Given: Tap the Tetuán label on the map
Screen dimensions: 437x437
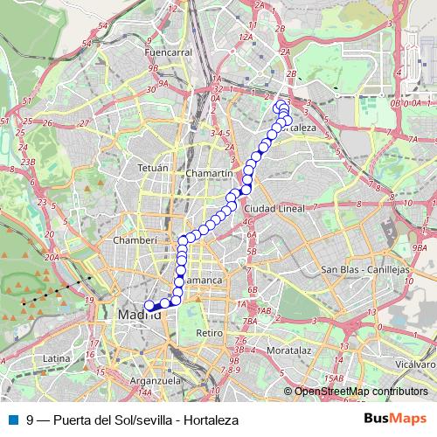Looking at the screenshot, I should pyautogui.click(x=153, y=165).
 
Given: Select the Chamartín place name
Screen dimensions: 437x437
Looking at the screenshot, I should pyautogui.click(x=208, y=174).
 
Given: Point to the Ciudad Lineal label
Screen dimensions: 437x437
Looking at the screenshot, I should pyautogui.click(x=274, y=210).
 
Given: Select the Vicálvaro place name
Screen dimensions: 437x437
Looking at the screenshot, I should pyautogui.click(x=413, y=360).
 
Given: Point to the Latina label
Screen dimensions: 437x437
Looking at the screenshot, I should pyautogui.click(x=56, y=358).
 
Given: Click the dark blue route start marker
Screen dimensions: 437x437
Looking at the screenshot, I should pyautogui.click(x=149, y=306).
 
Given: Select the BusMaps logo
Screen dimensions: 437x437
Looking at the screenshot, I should pyautogui.click(x=395, y=420).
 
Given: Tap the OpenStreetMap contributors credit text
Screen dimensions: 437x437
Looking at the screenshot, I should pyautogui.click(x=360, y=392).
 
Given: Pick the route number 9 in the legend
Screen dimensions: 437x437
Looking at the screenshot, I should pyautogui.click(x=31, y=420).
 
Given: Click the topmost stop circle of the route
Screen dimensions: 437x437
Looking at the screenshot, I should pyautogui.click(x=281, y=104).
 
